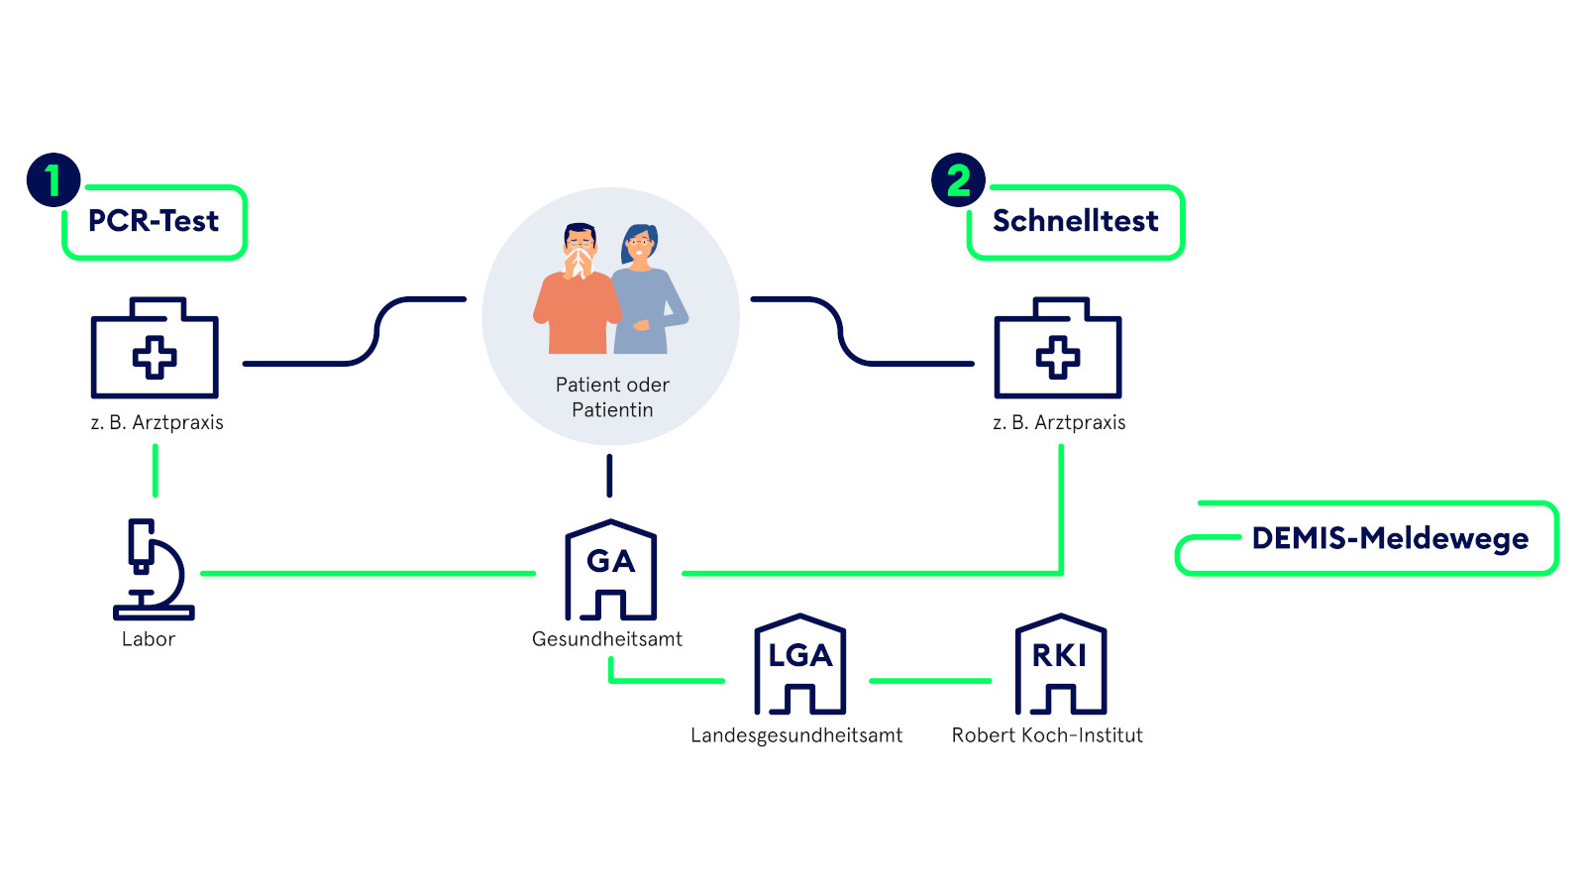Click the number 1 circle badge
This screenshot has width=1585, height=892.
click(53, 180)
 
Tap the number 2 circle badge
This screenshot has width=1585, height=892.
click(958, 180)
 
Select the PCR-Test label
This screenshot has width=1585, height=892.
click(154, 221)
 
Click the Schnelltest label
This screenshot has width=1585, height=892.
click(1075, 221)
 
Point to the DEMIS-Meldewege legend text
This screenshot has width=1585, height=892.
click(1390, 538)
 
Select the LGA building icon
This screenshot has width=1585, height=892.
click(799, 664)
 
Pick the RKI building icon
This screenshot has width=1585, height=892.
click(1060, 664)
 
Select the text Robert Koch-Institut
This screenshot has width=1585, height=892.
click(1047, 735)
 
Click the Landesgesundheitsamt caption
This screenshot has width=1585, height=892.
click(796, 735)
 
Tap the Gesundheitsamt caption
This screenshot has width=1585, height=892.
click(607, 639)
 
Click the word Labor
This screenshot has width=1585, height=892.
click(149, 639)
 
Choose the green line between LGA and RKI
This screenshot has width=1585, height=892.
click(929, 681)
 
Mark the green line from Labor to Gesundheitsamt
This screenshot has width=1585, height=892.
click(369, 573)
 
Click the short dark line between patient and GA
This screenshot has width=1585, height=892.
click(609, 476)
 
